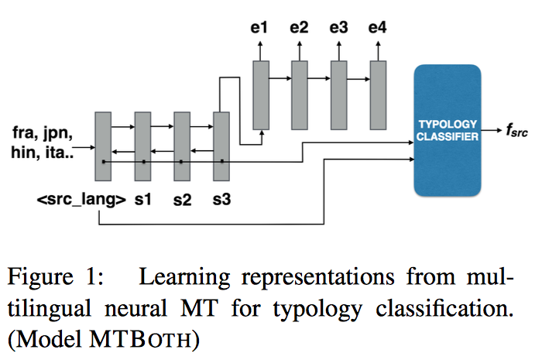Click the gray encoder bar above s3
coord(222,147)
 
